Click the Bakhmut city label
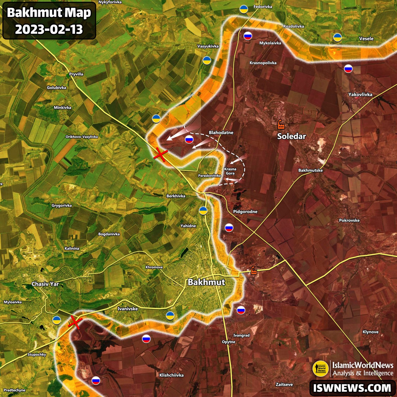(x=206, y=282)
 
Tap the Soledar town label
(x=291, y=136)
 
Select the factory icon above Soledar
(x=281, y=124)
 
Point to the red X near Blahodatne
(x=161, y=155)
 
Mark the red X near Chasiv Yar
(x=75, y=322)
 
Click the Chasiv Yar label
(x=45, y=284)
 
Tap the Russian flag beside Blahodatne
(x=189, y=140)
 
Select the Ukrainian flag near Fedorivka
(x=243, y=9)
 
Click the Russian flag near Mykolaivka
(x=248, y=36)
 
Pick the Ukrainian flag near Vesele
(x=337, y=37)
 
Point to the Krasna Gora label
(x=230, y=171)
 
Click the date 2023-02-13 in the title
(x=49, y=29)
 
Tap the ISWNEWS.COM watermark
(x=352, y=388)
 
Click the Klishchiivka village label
(x=171, y=375)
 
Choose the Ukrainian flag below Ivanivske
(x=170, y=315)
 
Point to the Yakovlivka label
(x=360, y=95)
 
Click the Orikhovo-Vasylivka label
(x=82, y=137)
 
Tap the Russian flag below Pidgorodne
(x=229, y=228)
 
